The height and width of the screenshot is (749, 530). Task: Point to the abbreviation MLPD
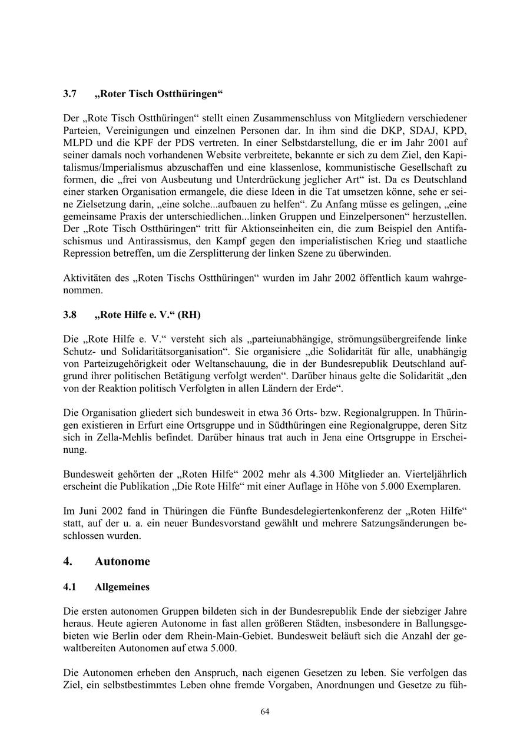[x=78, y=142]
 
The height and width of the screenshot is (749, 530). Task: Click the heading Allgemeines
[x=122, y=587]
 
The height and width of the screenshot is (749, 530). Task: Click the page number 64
[x=265, y=711]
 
